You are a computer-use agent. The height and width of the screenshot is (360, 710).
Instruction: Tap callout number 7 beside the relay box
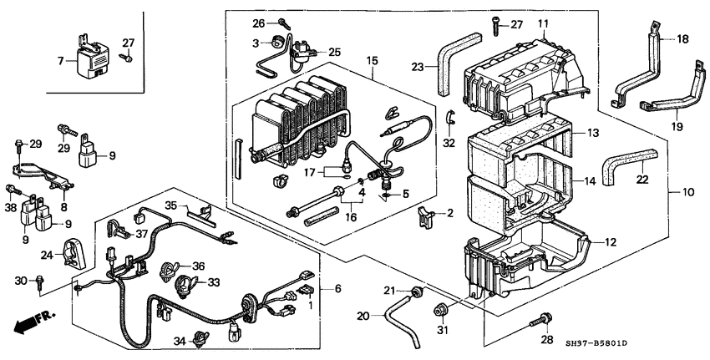tap(61, 60)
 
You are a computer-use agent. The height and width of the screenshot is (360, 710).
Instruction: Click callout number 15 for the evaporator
tap(373, 62)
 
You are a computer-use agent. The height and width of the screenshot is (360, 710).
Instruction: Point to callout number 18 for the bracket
tap(682, 39)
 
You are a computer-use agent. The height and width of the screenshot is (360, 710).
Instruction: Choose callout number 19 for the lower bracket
tap(677, 127)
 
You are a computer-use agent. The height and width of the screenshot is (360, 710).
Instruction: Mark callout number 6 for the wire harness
tap(337, 288)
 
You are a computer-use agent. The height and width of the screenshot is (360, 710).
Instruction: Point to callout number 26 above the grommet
tap(258, 22)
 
